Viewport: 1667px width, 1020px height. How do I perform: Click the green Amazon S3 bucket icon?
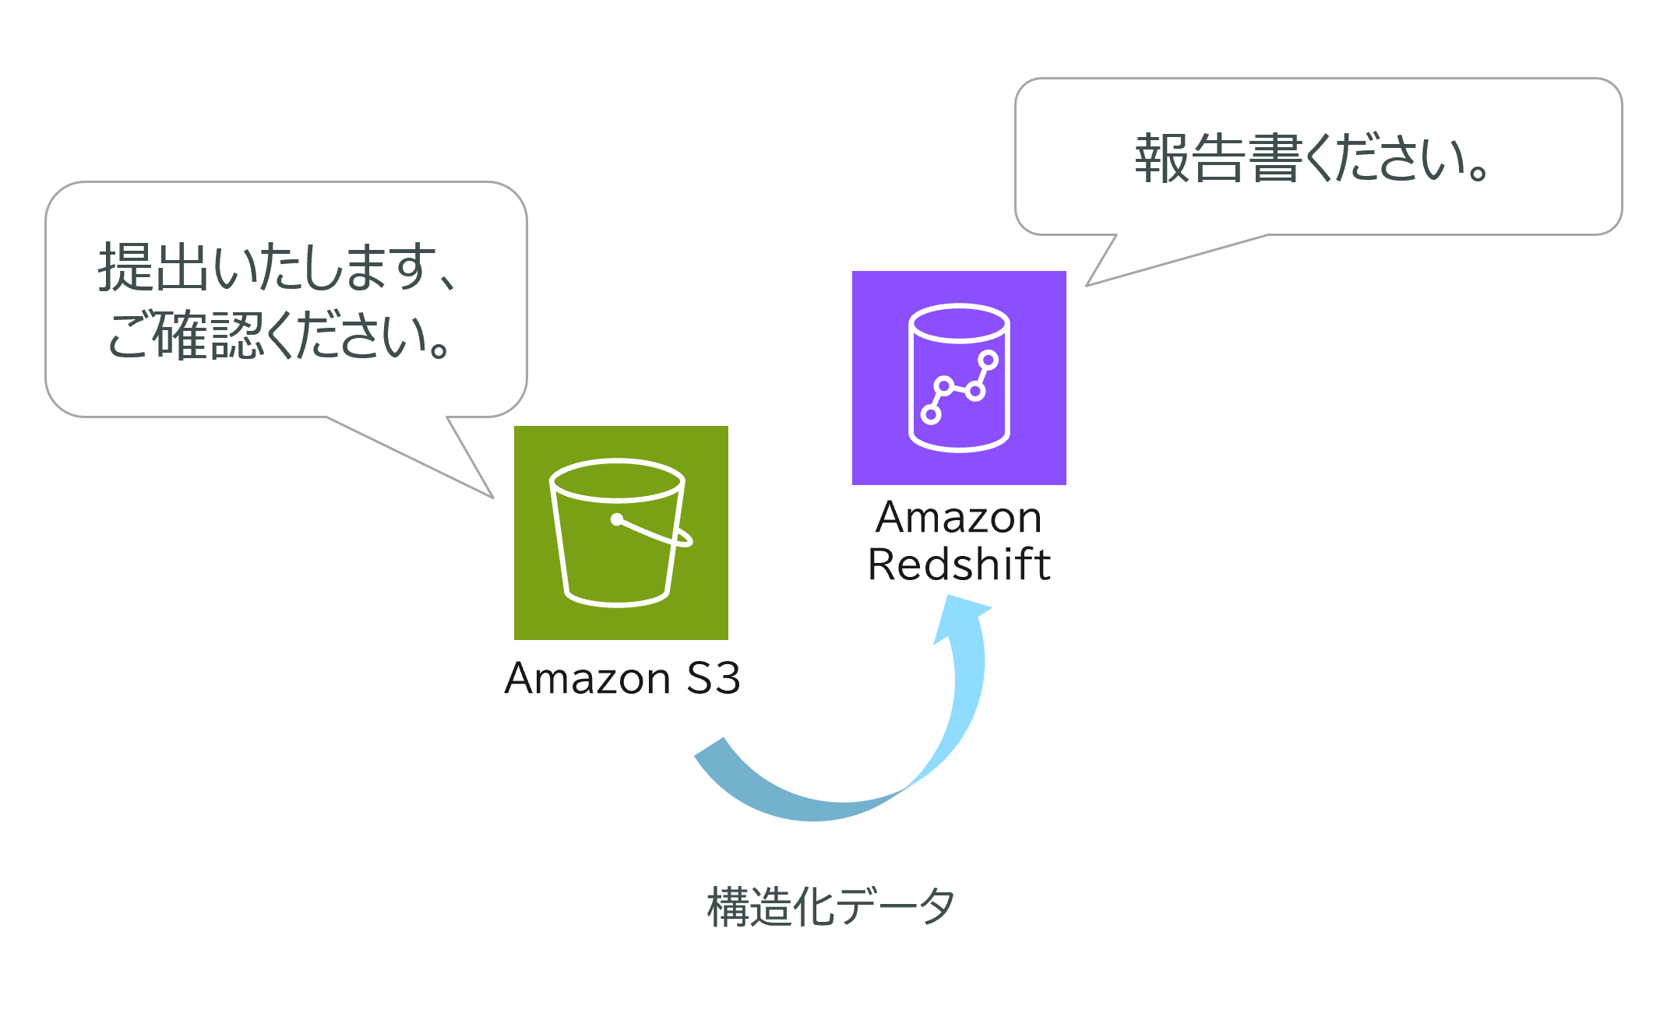621,533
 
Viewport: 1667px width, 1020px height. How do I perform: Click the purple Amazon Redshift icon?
959,378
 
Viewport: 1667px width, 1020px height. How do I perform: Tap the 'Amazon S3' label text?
622,678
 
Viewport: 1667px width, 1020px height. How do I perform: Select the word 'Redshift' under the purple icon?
959,565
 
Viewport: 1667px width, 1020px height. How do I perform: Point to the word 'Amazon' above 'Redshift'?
959,518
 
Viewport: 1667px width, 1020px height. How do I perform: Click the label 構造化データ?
830,906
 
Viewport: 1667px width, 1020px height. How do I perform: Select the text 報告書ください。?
1312,159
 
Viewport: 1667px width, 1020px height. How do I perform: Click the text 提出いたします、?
277,267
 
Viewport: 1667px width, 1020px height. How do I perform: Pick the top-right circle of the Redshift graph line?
989,360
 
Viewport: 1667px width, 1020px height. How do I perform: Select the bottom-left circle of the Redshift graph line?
931,415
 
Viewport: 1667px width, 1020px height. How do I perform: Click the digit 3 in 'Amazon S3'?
724,678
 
